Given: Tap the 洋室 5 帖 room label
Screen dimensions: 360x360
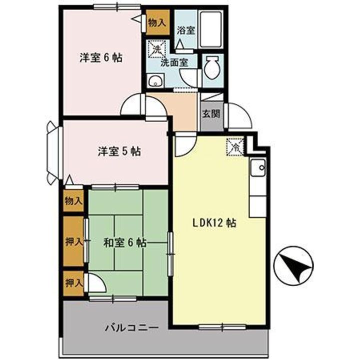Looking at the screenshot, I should [118, 151].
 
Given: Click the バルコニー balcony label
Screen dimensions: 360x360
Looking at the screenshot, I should [131, 328].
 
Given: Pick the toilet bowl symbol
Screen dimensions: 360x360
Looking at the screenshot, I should [211, 67].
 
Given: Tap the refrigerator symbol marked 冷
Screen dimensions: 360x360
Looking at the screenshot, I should [234, 146].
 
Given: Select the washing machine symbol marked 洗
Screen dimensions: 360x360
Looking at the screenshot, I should [156, 50].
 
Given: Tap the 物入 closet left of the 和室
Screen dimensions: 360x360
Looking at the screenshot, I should [73, 201].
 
